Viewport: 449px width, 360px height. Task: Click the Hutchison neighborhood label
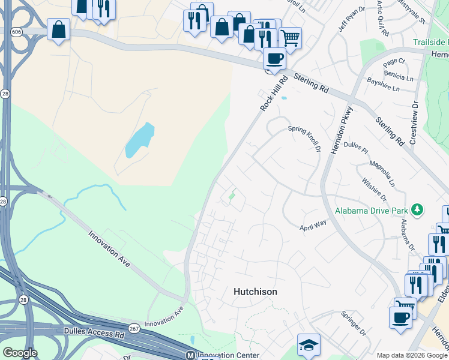click(255, 292)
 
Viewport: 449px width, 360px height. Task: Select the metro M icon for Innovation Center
click(191, 355)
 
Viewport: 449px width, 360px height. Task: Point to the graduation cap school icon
click(309, 344)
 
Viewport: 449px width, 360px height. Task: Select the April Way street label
click(313, 225)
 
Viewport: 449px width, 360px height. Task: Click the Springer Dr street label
click(353, 323)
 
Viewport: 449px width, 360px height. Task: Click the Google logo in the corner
click(20, 352)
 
